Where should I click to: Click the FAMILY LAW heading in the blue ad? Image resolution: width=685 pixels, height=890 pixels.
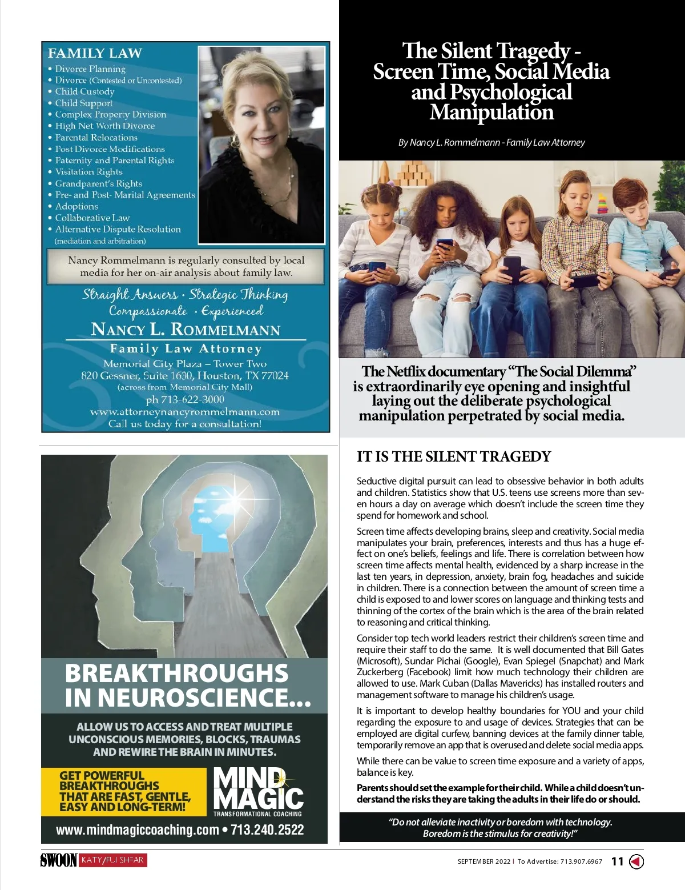(95, 53)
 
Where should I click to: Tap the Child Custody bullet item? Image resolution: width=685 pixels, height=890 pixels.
(84, 91)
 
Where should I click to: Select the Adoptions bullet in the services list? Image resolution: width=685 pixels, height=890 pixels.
(76, 206)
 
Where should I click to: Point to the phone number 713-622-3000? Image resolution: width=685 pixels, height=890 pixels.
(185, 399)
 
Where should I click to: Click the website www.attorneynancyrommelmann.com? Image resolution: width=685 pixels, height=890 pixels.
(185, 411)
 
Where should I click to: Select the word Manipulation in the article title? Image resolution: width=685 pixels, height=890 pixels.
(491, 112)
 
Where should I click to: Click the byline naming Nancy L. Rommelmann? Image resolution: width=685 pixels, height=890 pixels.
(491, 142)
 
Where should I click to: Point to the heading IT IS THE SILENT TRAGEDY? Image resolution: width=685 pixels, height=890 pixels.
(454, 456)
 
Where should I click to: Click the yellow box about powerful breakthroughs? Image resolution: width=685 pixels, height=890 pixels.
(124, 791)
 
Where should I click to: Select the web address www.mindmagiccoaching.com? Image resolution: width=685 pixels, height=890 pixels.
(138, 830)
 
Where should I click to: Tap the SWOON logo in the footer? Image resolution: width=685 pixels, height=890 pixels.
(58, 860)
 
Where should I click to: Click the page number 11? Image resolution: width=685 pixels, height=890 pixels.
(617, 861)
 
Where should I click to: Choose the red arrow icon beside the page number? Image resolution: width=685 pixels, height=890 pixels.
(636, 861)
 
